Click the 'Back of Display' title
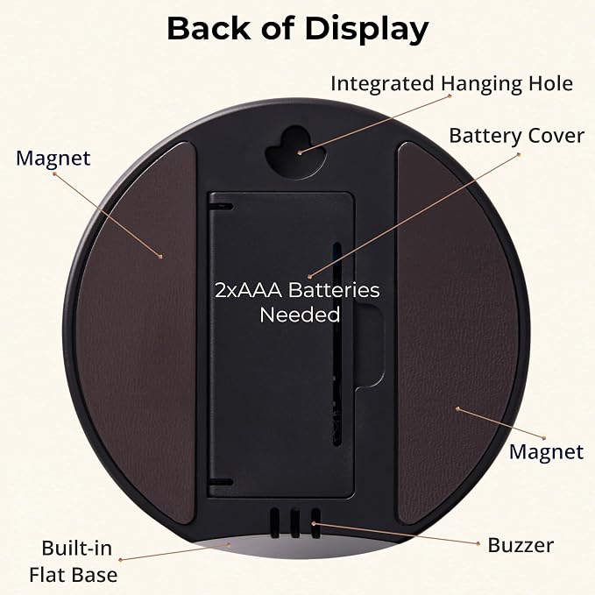click(298, 29)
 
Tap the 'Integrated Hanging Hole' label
click(451, 84)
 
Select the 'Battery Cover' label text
click(516, 136)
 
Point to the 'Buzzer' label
click(521, 545)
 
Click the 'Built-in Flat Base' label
click(74, 561)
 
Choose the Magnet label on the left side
click(53, 159)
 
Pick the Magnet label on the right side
click(546, 452)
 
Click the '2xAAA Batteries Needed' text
click(297, 302)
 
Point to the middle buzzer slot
click(295, 523)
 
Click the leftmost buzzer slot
click(275, 523)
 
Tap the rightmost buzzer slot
click(315, 523)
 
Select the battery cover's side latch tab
click(369, 344)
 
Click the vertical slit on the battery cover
click(337, 344)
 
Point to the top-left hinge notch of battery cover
click(221, 207)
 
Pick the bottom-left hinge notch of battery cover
click(221, 482)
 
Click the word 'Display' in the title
click(367, 30)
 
